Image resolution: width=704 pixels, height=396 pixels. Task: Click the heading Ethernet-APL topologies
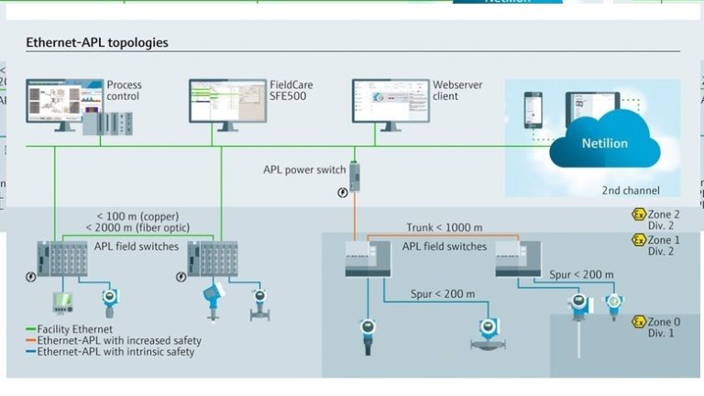pos(96,43)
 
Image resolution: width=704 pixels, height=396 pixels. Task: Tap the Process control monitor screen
pos(53,101)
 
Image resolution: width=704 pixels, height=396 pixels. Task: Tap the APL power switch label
pos(305,170)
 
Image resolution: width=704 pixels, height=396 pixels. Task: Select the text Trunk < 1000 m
pos(445,227)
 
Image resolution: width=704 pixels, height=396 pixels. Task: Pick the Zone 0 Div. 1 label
pos(661,327)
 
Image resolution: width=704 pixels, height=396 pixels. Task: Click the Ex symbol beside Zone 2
pos(639,214)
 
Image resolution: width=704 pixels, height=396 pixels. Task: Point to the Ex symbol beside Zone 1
pos(639,240)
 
